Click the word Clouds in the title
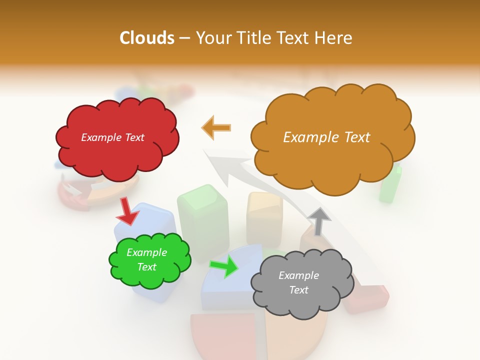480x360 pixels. pyautogui.click(x=147, y=38)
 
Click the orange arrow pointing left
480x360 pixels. pyautogui.click(x=217, y=128)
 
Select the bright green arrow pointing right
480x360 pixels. pyautogui.click(x=225, y=266)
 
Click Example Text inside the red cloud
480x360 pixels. pyautogui.click(x=112, y=137)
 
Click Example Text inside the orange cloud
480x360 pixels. pyautogui.click(x=326, y=137)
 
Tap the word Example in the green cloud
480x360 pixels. pyautogui.click(x=146, y=253)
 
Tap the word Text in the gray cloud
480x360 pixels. pyautogui.click(x=298, y=290)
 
